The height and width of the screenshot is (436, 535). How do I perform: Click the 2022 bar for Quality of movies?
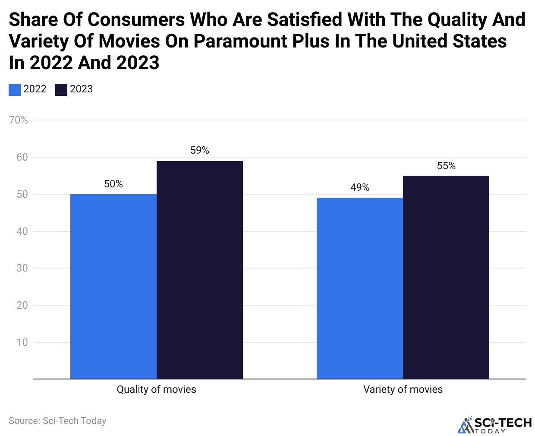(x=113, y=286)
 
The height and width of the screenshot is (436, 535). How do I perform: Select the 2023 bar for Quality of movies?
(x=200, y=270)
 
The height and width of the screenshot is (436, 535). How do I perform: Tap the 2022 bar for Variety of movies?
(x=360, y=288)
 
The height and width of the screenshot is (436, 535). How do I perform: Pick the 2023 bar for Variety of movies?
(x=446, y=277)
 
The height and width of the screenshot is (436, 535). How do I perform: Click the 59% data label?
(x=200, y=150)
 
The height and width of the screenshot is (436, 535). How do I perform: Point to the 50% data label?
(x=113, y=184)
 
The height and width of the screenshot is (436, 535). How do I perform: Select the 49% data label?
(x=360, y=187)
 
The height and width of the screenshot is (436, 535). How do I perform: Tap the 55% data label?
(x=446, y=166)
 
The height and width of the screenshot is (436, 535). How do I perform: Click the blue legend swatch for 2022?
(x=15, y=89)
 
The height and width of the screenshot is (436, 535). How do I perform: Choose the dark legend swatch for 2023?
(x=61, y=89)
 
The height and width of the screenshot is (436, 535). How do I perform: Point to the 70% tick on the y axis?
(x=19, y=120)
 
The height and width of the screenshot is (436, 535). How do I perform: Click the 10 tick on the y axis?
(x=22, y=342)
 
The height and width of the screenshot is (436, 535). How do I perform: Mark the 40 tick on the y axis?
(x=22, y=231)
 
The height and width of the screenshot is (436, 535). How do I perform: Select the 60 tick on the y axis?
(x=22, y=157)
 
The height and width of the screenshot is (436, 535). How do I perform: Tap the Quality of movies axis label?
(x=156, y=389)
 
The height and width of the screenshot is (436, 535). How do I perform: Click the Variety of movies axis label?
(x=403, y=389)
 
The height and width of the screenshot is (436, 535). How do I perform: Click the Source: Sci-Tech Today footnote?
(x=57, y=421)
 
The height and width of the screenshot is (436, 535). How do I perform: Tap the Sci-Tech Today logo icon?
(x=466, y=425)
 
